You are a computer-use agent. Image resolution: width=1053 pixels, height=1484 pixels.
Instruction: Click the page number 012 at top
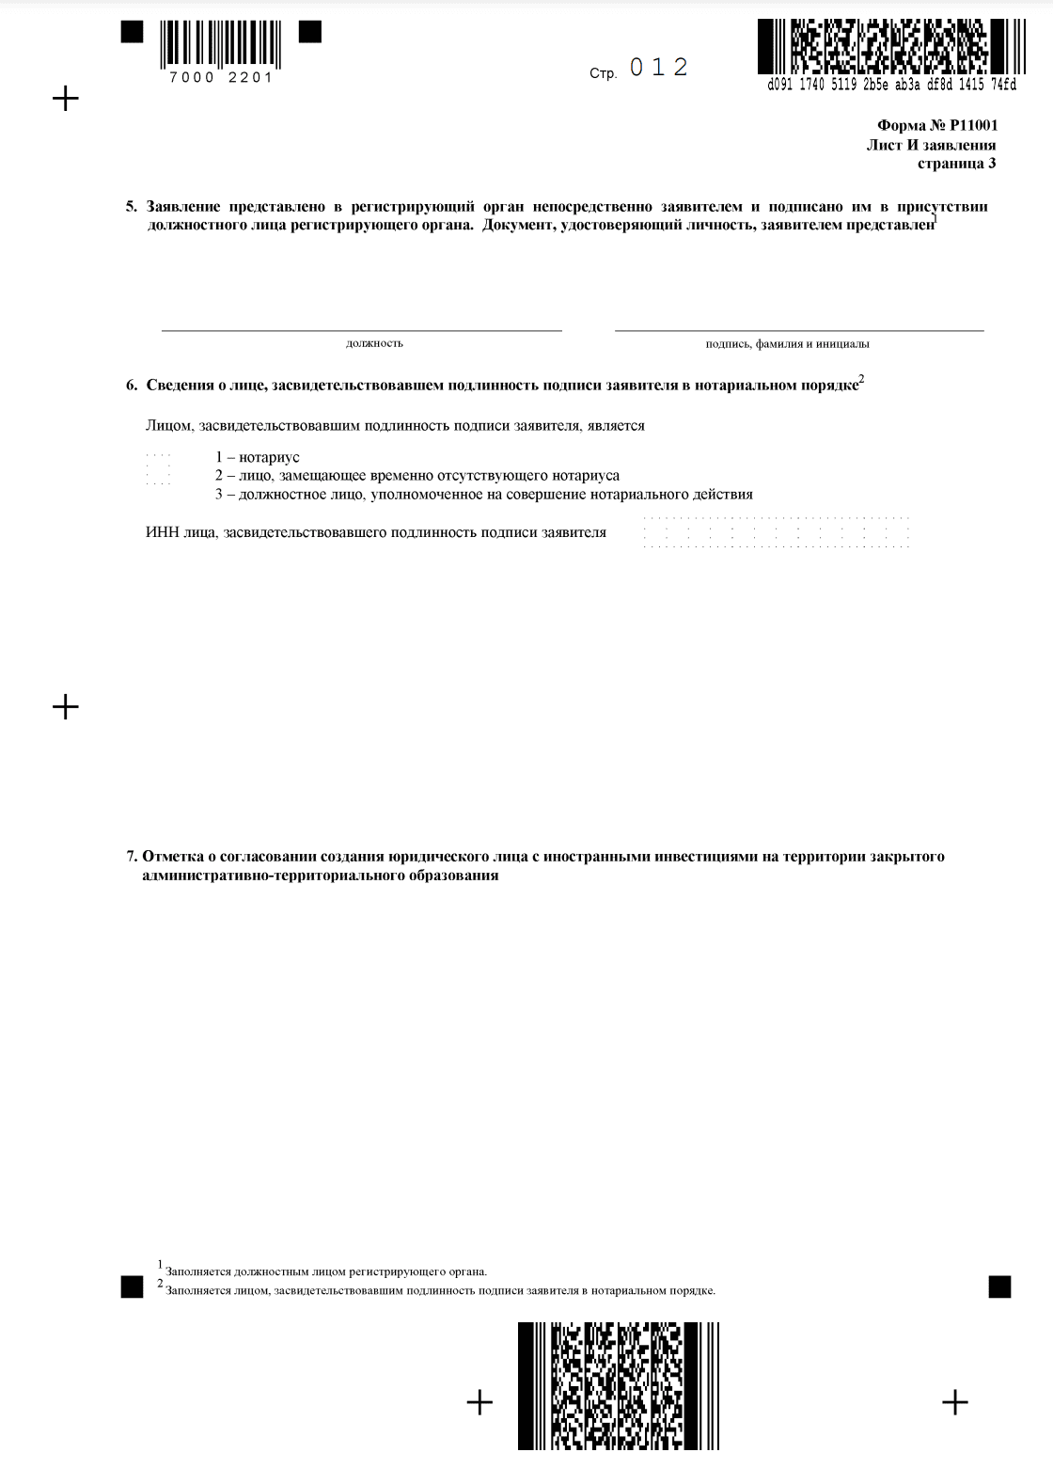659,68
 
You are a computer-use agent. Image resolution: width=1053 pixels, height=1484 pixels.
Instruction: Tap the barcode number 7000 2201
221,78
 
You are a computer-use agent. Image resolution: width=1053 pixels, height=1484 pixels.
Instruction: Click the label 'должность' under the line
374,343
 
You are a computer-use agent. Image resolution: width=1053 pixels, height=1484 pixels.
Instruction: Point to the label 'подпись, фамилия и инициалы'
787,344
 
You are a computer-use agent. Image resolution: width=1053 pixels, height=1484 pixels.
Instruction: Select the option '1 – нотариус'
257,457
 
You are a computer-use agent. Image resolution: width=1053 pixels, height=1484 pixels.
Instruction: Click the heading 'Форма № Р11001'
936,125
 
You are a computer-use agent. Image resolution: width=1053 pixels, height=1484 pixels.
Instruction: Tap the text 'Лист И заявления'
931,145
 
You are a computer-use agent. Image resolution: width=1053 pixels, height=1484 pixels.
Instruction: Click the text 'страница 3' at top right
956,164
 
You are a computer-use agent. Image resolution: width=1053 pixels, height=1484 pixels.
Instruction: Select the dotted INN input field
776,532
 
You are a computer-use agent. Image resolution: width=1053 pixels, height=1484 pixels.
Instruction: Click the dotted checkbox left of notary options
159,469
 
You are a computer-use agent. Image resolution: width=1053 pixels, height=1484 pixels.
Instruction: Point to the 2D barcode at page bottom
619,1385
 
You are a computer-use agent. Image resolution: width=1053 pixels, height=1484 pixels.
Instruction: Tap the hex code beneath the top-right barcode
891,85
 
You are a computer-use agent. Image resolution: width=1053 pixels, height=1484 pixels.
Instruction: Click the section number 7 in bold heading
131,857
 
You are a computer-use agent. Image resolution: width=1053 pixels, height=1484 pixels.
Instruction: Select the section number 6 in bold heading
131,385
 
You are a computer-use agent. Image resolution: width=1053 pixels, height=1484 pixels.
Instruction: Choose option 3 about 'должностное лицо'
483,495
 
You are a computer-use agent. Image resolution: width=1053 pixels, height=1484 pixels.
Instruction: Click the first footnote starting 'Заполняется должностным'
325,1271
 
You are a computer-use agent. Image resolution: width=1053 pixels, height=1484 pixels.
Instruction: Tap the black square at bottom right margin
999,1287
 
